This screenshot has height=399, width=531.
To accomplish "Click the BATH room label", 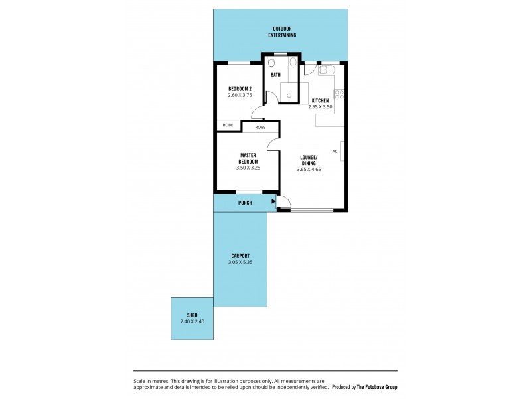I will [275, 75].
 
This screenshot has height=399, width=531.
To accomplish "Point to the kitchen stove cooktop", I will [339, 94].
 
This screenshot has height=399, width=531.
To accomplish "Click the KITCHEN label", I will [320, 100].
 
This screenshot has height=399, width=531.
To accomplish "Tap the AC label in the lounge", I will [335, 152].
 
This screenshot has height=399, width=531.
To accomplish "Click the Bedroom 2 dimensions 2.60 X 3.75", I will [240, 95].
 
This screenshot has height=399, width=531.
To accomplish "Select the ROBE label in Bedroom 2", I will [228, 125].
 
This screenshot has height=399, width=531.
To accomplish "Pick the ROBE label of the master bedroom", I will [260, 127].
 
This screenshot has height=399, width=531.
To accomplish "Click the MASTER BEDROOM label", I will [248, 158].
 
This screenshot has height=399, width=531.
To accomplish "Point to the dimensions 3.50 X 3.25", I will [248, 168].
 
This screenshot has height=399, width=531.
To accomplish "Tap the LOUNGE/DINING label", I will [309, 159].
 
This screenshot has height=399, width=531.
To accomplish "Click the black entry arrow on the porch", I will [273, 202].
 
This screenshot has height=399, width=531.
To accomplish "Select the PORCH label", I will [245, 203].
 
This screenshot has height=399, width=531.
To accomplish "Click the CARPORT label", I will [240, 256].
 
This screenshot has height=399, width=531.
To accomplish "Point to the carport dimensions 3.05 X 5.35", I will [240, 262].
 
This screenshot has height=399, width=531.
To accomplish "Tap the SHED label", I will [192, 315].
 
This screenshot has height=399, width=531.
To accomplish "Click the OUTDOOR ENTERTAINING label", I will [284, 31].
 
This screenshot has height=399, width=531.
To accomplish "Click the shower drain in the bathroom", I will [289, 96].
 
